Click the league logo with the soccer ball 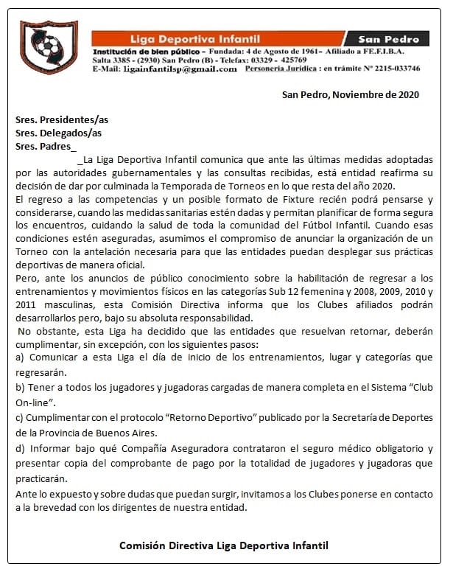click(48, 48)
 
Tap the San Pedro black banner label click(393, 39)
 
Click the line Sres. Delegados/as click(58, 133)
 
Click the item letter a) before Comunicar click(20, 357)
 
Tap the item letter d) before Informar click(20, 448)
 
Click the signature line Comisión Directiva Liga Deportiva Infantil click(223, 545)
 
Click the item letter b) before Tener click(20, 388)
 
